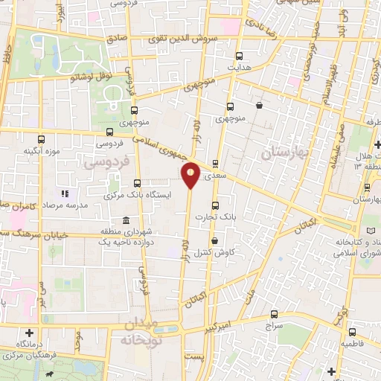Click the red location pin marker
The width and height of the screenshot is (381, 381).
click(x=191, y=174)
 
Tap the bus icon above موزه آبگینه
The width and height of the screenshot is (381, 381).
click(x=40, y=139)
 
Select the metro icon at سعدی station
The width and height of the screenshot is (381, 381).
click(x=216, y=163)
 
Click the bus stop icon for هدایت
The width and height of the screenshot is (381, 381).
click(x=239, y=56)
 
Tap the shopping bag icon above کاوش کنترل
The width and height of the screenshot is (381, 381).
click(x=215, y=241)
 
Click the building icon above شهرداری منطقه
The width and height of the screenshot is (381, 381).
click(x=125, y=221)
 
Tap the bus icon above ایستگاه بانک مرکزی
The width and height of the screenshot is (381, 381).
click(x=137, y=183)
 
